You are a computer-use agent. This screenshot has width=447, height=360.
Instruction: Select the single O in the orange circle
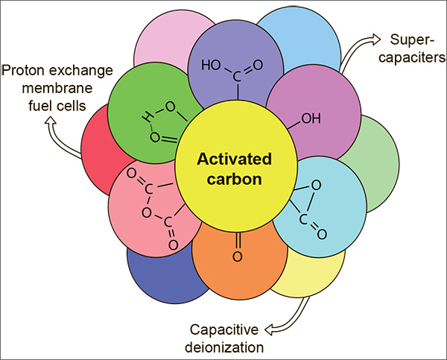[238, 257]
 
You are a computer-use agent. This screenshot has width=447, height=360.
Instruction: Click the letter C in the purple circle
[238, 76]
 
